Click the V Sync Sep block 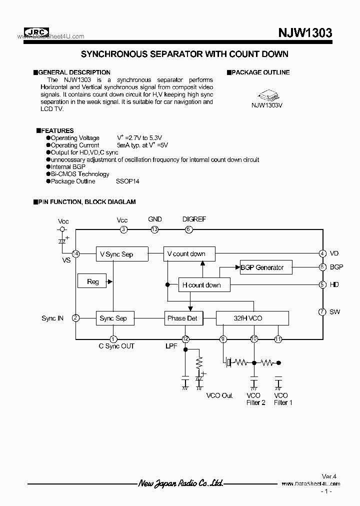[116, 254]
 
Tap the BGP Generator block [265, 267]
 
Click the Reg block [92, 281]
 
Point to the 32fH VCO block [252, 318]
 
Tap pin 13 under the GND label [154, 229]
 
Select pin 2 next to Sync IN [75, 318]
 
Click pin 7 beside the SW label [322, 312]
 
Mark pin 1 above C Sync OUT [113, 339]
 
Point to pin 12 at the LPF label [185, 339]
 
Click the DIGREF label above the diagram [194, 219]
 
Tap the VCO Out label [219, 395]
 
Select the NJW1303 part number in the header [305, 33]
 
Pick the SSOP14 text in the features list [128, 181]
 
